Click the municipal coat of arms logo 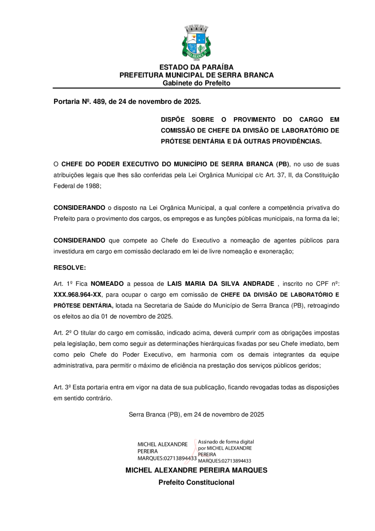click(196, 43)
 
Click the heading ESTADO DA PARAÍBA click(196, 67)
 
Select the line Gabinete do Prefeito click(196, 83)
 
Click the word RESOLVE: click(70, 267)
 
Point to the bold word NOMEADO click(107, 284)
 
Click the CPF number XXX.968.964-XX click(77, 294)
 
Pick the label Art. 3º click(62, 387)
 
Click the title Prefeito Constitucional click(196, 483)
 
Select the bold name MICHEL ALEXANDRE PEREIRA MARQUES click(196, 471)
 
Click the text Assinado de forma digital click(226, 442)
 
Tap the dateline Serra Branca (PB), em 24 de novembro click(196, 415)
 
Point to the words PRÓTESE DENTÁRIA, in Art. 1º click(83, 305)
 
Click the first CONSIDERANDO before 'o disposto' click(79, 208)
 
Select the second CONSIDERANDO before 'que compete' click(79, 240)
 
